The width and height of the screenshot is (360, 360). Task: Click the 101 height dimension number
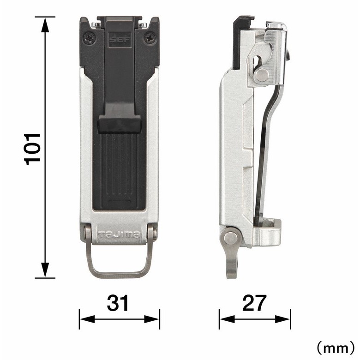click(x=32, y=149)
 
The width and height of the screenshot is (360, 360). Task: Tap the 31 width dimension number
click(x=118, y=303)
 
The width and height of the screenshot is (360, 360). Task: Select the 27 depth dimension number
click(x=254, y=303)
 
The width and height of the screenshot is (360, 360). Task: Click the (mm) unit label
click(x=336, y=348)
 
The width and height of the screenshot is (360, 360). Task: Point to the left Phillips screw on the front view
click(x=89, y=38)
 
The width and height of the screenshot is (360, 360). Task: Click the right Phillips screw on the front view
click(x=150, y=38)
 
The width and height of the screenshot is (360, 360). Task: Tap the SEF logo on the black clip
click(x=120, y=40)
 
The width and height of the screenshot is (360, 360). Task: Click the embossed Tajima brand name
click(x=119, y=234)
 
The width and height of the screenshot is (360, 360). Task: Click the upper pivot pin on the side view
click(x=262, y=75)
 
